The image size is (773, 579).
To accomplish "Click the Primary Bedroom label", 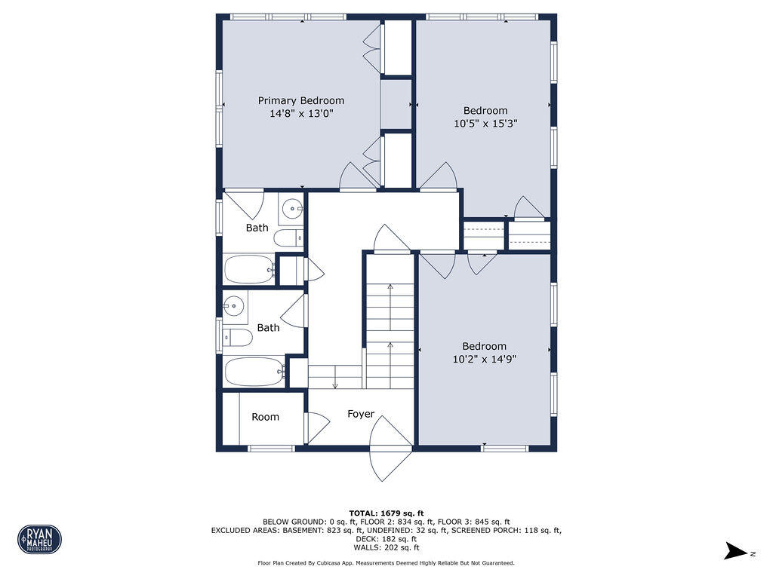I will [x=300, y=100].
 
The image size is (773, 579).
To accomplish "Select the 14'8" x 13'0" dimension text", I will [x=300, y=114].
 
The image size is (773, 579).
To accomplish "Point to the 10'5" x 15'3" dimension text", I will [x=485, y=124].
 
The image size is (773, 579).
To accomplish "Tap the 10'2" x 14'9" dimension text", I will [x=484, y=360].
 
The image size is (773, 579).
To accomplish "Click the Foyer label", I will [x=360, y=414].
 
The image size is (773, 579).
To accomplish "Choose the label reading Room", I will [x=265, y=417].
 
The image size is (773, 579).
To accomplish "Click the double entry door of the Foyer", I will [x=391, y=452].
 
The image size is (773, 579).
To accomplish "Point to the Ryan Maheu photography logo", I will [x=39, y=539].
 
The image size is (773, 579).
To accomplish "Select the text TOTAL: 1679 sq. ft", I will [x=386, y=513].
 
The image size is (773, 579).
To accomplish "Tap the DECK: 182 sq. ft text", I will [x=386, y=539].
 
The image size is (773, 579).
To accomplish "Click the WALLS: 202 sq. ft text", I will [x=386, y=548].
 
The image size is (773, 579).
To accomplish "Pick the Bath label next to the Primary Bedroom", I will [x=257, y=228].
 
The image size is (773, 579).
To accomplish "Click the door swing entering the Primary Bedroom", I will [x=356, y=177].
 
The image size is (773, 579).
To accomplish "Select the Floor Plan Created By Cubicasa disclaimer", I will [x=386, y=563].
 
